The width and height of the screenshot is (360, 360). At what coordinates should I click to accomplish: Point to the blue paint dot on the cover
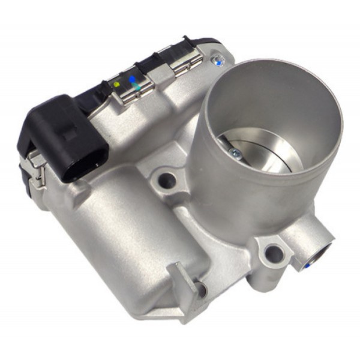pos(131,79)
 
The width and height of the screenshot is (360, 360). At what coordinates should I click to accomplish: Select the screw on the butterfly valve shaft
pos(236,154)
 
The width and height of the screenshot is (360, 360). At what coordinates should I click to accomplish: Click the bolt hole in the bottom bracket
pos(201,290)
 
